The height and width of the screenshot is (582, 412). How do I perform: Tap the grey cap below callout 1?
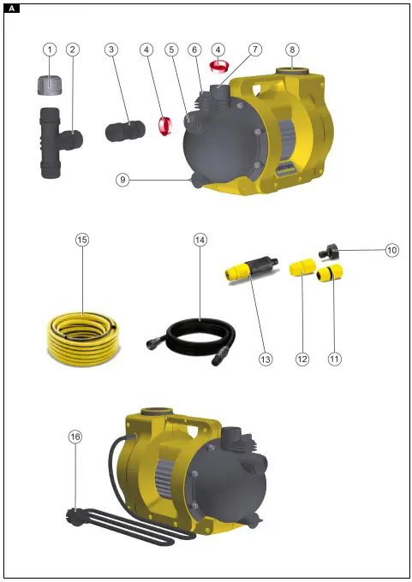(51, 83)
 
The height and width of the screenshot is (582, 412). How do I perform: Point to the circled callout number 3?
(112, 50)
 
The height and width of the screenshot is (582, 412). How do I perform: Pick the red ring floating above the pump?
(219, 64)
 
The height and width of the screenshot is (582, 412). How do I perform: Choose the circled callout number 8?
(292, 49)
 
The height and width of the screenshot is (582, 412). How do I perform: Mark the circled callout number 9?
(123, 180)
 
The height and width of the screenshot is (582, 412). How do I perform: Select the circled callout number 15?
(82, 241)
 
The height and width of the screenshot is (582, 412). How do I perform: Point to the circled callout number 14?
(200, 241)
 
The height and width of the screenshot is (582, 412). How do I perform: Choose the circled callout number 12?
(302, 359)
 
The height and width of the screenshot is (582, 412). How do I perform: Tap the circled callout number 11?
(334, 359)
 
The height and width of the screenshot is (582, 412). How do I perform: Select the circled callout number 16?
(75, 436)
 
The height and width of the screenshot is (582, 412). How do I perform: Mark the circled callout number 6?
(195, 50)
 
